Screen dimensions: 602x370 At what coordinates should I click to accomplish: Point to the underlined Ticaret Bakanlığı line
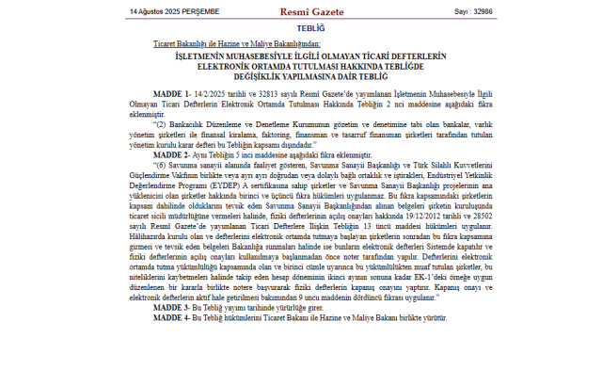(236, 44)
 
